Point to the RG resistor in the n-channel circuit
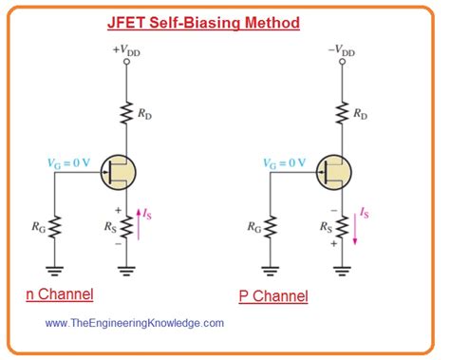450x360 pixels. click(54, 228)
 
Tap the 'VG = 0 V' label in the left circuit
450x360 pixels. click(63, 162)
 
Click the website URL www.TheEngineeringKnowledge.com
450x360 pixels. click(132, 323)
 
